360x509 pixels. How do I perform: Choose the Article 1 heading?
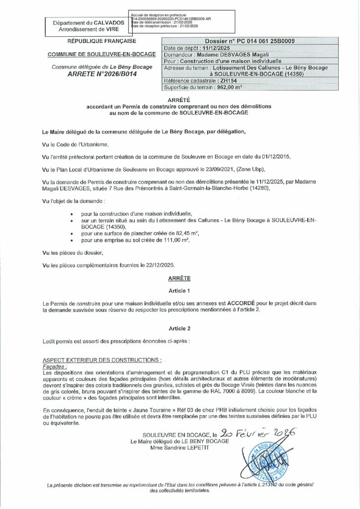179,290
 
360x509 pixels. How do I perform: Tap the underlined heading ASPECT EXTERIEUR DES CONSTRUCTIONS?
102,359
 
